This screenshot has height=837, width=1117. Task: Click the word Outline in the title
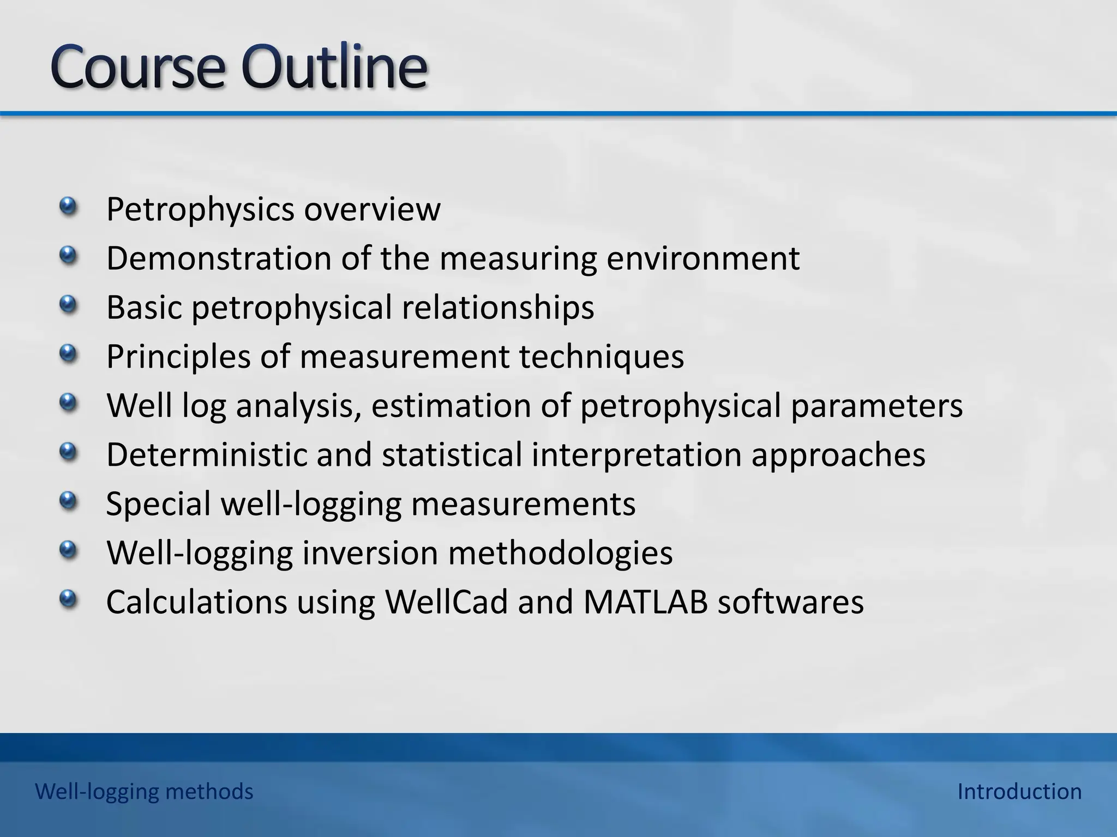[x=334, y=68]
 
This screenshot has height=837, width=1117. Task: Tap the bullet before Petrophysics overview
[x=68, y=207]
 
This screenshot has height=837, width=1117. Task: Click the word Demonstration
[x=219, y=258]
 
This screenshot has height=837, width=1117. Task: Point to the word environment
[x=703, y=258]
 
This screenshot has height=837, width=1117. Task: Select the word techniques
[x=601, y=356]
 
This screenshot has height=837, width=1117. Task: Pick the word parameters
[x=876, y=407]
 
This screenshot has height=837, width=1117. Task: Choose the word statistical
[x=452, y=454]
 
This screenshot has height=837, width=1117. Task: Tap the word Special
[x=158, y=505]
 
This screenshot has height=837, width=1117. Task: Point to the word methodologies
[x=560, y=554]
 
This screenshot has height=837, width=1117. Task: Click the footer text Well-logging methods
[x=144, y=791]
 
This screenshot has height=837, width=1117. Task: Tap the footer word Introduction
[x=1019, y=791]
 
